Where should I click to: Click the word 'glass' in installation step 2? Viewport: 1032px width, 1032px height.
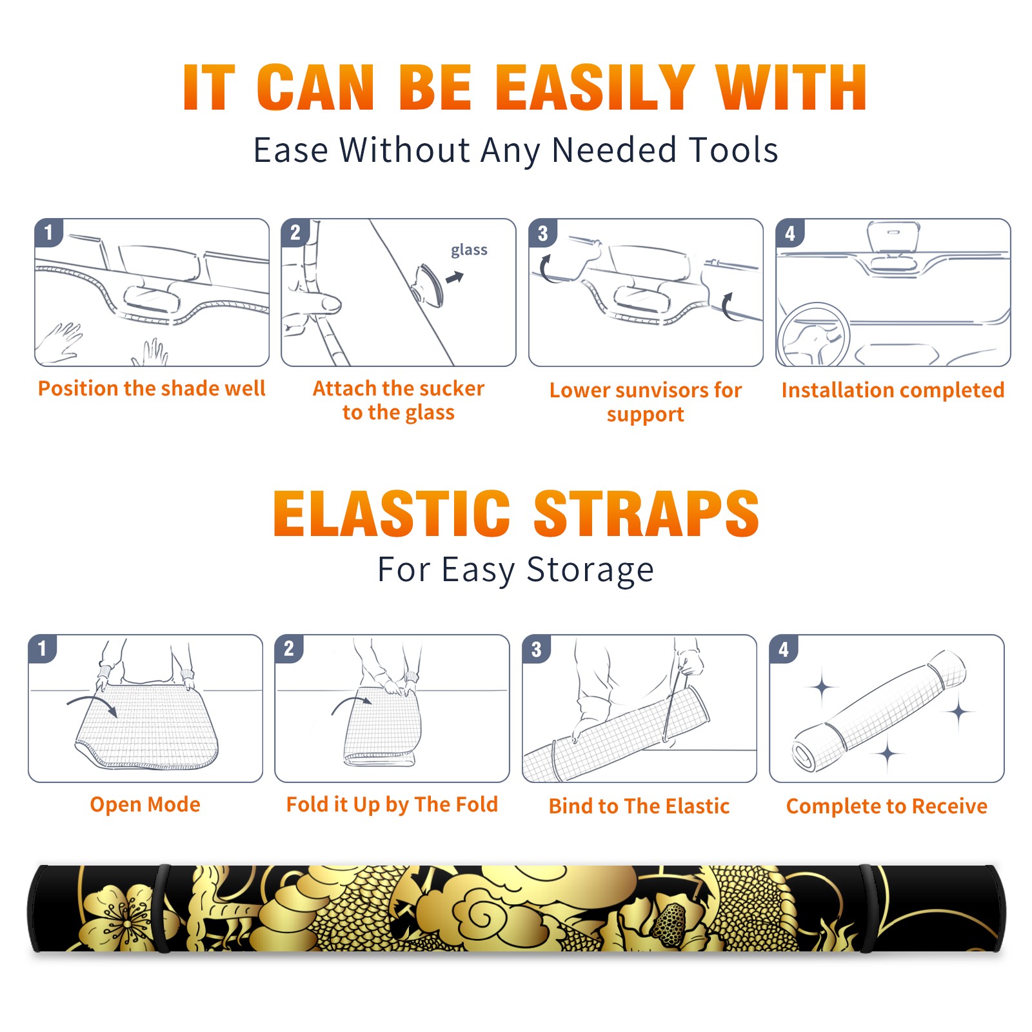point(469,250)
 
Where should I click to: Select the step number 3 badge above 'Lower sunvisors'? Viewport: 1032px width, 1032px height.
point(542,233)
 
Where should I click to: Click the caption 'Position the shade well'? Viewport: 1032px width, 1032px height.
point(152,388)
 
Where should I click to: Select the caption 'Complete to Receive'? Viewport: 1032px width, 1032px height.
point(887,806)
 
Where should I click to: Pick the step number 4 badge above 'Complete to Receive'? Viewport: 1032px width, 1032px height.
point(784,649)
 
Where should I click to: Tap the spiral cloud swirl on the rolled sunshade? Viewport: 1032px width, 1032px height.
point(481,914)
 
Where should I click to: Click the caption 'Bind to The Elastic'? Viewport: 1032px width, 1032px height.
point(639,806)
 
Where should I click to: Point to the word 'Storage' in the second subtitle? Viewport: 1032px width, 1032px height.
point(590,570)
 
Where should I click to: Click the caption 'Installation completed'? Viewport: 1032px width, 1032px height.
point(893,390)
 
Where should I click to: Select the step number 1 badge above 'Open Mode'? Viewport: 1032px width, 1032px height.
point(43,649)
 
